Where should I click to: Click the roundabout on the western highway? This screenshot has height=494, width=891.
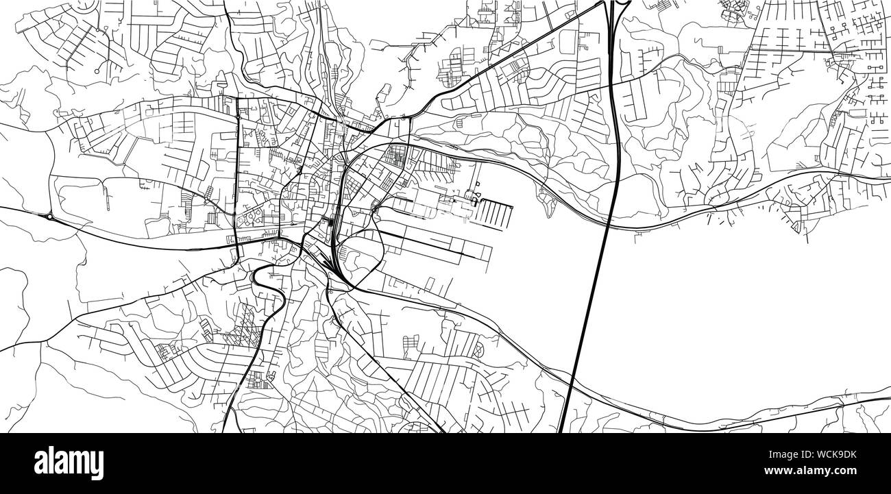click(50, 217)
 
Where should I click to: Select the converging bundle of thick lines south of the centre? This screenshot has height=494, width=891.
click(336, 267)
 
